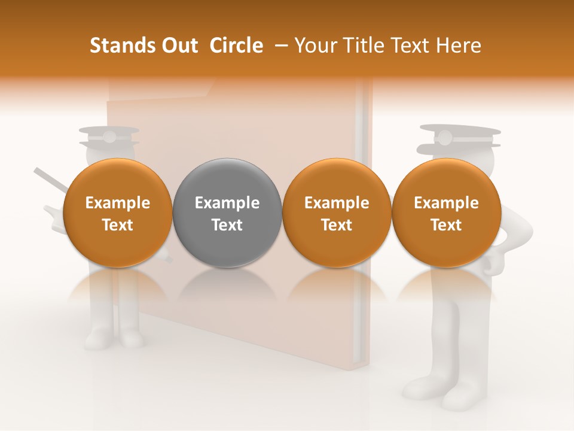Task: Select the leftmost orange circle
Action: coord(117,213)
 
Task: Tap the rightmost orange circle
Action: coord(446,213)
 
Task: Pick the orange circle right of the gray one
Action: coord(337,213)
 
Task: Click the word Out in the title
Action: coord(179,45)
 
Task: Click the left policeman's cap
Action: coord(109,136)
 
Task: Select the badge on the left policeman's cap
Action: coord(109,137)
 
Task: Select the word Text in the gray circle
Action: coord(227,225)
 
